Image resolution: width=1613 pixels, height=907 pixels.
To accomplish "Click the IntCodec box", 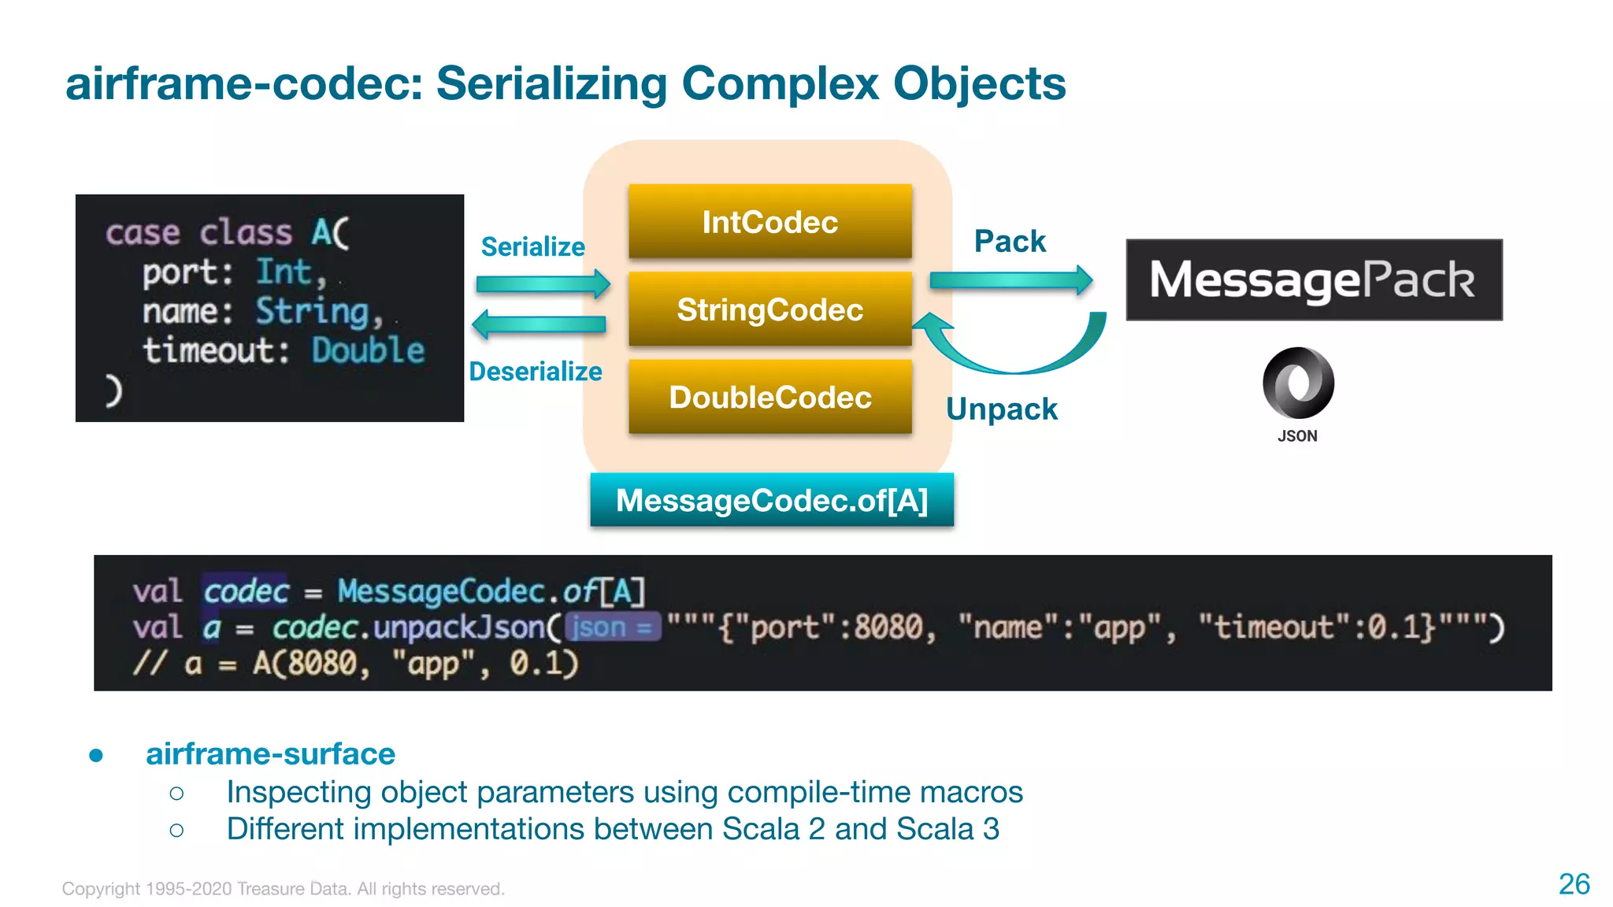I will [x=769, y=222].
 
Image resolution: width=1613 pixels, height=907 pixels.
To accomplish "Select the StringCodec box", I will [x=769, y=309].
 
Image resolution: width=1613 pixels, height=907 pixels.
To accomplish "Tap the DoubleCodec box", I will [x=769, y=397].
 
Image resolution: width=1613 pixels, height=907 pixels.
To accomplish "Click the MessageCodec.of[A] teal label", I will [x=771, y=500].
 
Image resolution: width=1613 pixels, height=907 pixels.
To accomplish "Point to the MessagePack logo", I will [x=1313, y=280].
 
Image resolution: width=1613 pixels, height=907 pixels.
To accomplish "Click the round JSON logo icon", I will [x=1297, y=383].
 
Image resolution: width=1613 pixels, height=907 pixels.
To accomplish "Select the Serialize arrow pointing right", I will [x=543, y=283].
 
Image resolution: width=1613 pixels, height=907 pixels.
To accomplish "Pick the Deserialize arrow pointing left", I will [x=539, y=324].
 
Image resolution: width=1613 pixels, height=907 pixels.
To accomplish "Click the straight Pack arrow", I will [x=1010, y=280].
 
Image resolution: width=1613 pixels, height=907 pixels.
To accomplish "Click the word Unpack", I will [x=1001, y=409].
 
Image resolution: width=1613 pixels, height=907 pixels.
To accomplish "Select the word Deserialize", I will [x=535, y=371].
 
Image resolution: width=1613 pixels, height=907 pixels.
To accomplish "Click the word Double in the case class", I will [x=367, y=350].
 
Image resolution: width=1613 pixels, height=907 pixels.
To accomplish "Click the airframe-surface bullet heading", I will [x=270, y=753].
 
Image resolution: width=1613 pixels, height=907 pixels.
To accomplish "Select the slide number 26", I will [x=1574, y=883].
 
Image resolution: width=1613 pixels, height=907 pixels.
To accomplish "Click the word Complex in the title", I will [x=780, y=83].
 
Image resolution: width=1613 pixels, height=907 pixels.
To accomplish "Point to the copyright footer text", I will [x=283, y=889].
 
